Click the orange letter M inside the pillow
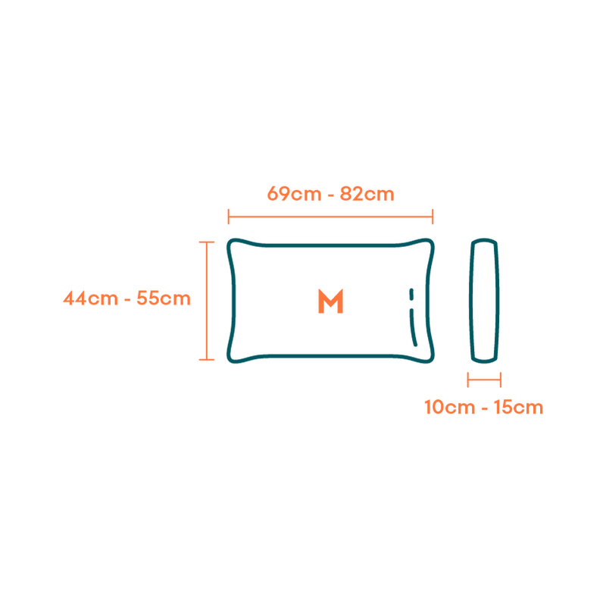[330, 301]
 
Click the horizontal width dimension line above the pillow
[330, 217]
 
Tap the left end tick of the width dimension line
[228, 217]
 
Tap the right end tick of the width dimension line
[433, 217]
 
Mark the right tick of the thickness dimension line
[501, 379]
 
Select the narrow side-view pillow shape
[485, 301]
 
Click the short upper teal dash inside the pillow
[411, 294]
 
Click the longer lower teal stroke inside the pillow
[413, 327]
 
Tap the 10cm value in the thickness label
[446, 408]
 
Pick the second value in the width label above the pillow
[367, 194]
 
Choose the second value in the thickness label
[519, 408]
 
